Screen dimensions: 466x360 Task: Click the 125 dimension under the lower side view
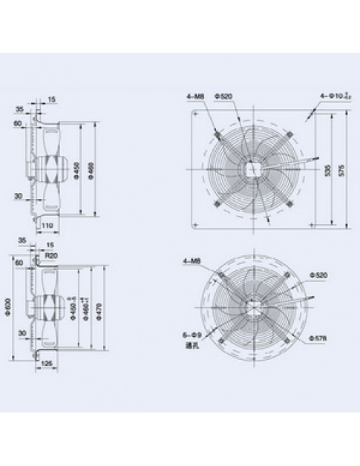48,362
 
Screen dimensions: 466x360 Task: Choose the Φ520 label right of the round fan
320,275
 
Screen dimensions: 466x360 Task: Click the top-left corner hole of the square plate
196,114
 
